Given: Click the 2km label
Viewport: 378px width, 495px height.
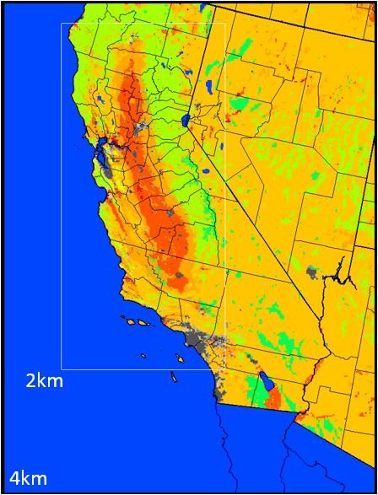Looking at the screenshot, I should point(45,381).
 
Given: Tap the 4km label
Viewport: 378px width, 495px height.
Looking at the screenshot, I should point(28,479).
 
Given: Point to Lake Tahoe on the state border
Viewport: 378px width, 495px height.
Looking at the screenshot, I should point(186,120).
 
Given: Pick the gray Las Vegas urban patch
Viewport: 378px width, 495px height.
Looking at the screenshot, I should point(313,272).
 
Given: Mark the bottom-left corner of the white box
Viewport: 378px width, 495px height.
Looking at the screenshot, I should point(62,369).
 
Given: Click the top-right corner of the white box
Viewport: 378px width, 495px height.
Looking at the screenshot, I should point(225,23).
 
